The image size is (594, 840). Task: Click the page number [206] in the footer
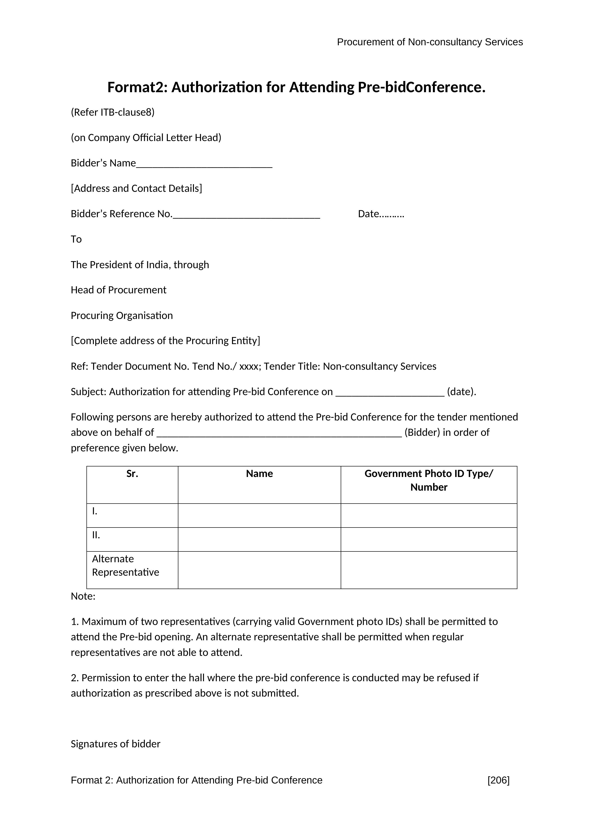(498, 780)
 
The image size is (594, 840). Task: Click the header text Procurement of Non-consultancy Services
(430, 42)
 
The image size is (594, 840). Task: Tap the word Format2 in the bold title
(136, 87)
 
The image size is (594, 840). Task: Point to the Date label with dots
(381, 214)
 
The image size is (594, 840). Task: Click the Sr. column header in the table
(132, 474)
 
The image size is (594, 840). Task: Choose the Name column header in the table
(259, 474)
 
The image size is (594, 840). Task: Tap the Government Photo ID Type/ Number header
(429, 480)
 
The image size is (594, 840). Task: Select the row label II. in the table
(96, 535)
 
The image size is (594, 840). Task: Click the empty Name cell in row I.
(259, 516)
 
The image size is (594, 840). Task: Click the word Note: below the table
(83, 596)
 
